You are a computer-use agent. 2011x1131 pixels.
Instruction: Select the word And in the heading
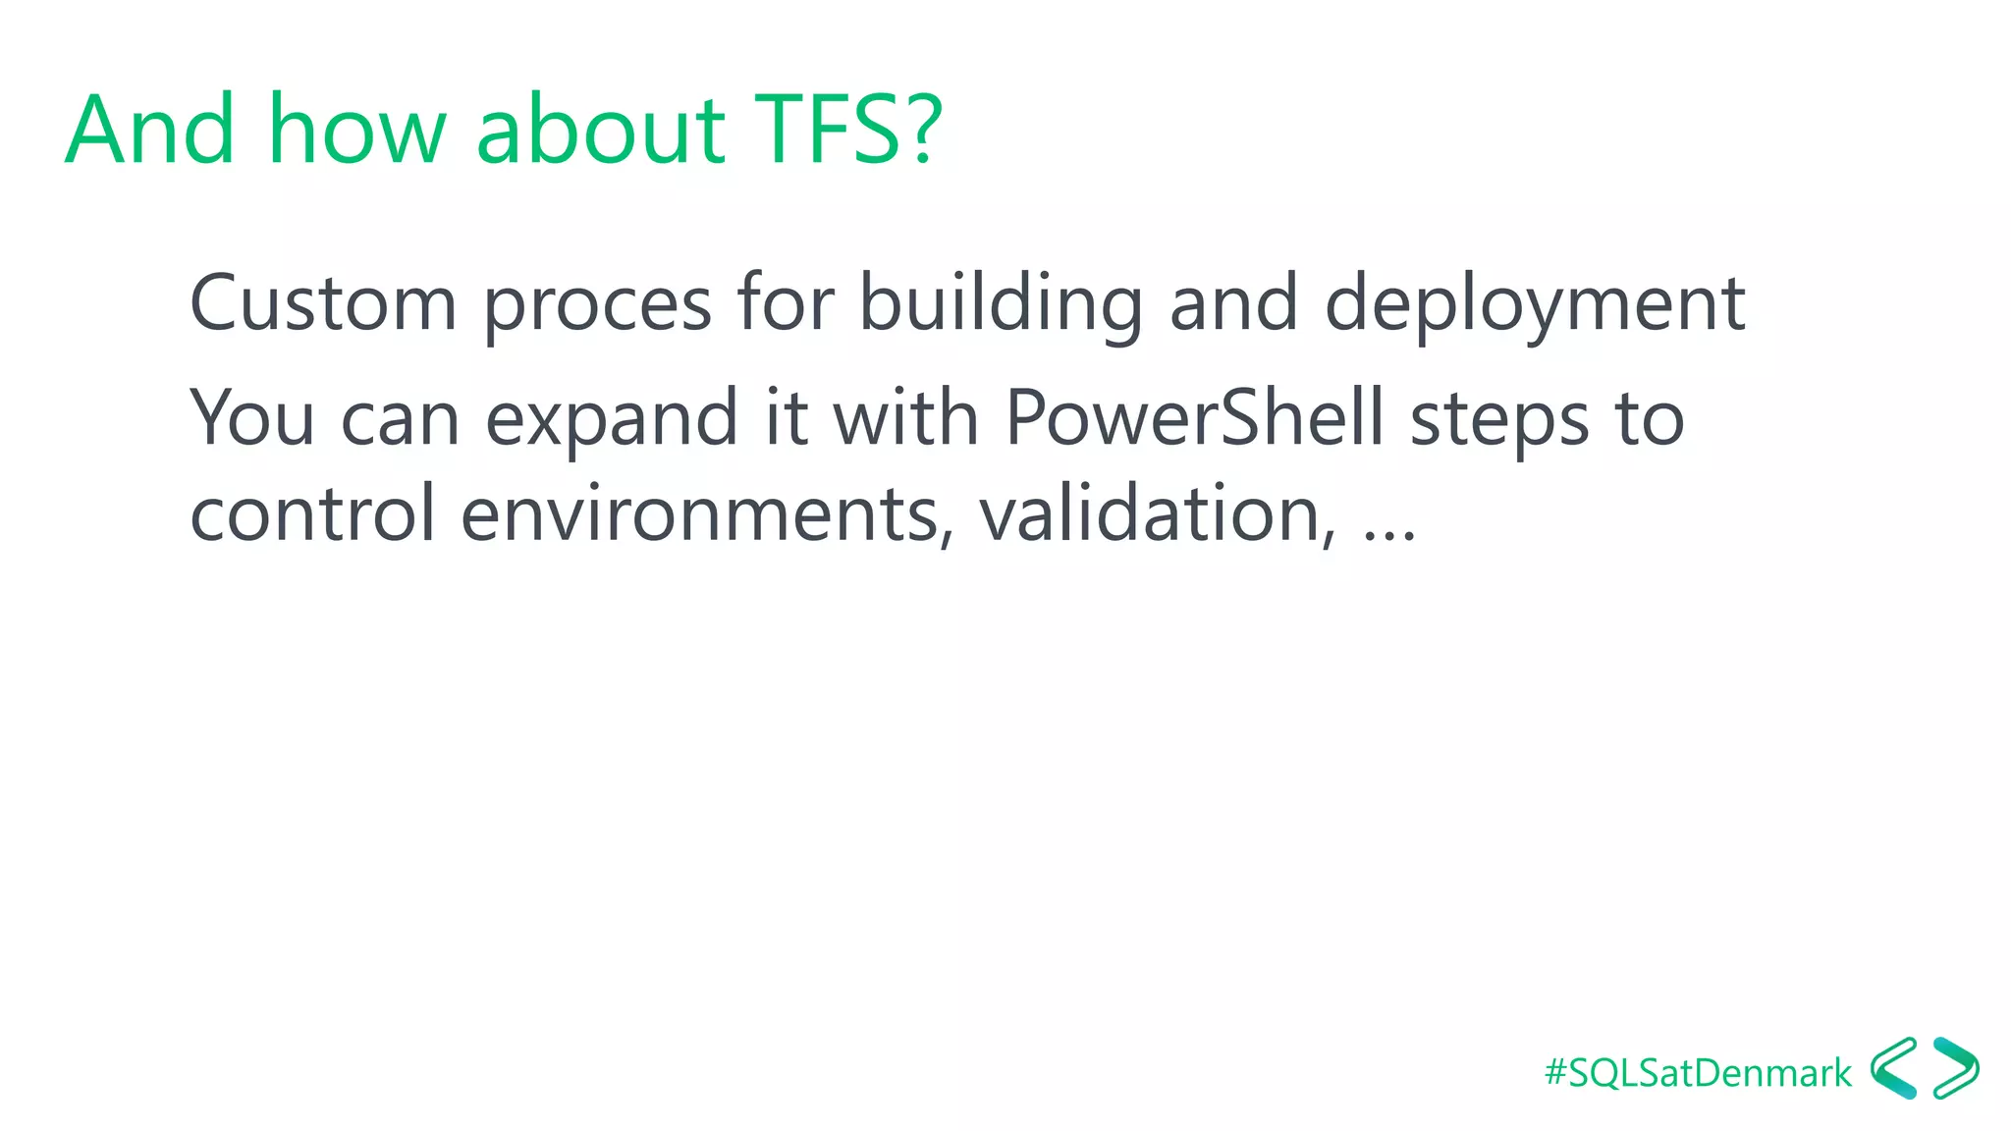click(x=150, y=130)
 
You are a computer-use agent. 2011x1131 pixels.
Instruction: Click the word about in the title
click(x=600, y=130)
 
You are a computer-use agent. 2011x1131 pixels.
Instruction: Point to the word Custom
click(x=323, y=303)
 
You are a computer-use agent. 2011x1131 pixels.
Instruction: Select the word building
click(x=1001, y=303)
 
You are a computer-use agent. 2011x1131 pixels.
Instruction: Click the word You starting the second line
click(x=251, y=418)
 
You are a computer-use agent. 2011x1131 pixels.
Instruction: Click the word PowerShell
click(x=1194, y=418)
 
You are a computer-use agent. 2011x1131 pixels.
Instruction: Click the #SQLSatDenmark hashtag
click(x=1698, y=1073)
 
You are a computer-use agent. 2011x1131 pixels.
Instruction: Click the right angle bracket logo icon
click(x=1955, y=1068)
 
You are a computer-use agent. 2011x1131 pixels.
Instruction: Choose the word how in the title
click(x=356, y=130)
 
